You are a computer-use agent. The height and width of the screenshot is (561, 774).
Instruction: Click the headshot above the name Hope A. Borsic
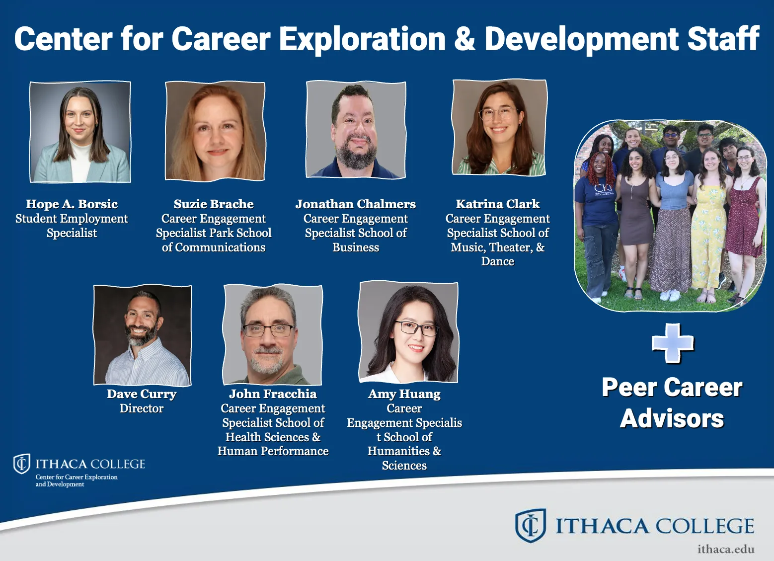80,132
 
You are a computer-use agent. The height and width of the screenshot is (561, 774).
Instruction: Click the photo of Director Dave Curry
142,335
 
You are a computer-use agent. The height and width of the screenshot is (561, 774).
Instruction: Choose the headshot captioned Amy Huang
408,332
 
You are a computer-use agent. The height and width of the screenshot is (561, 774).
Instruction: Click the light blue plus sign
673,343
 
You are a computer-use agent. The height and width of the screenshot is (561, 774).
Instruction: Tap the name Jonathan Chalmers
356,204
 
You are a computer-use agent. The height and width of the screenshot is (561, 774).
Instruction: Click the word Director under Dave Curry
142,408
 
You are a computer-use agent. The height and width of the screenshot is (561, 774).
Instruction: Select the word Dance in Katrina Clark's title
498,261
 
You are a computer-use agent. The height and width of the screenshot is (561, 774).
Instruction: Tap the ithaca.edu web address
725,549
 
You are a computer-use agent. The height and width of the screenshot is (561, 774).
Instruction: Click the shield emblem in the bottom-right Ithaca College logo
530,525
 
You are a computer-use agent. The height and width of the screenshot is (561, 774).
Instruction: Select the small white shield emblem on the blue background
21,464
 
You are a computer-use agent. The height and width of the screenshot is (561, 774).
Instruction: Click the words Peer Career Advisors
672,403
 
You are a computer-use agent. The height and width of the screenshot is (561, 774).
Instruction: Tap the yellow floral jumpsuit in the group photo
708,234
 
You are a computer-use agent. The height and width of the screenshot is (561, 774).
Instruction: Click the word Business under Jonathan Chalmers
356,247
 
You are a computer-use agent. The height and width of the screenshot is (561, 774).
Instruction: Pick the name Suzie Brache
214,204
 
